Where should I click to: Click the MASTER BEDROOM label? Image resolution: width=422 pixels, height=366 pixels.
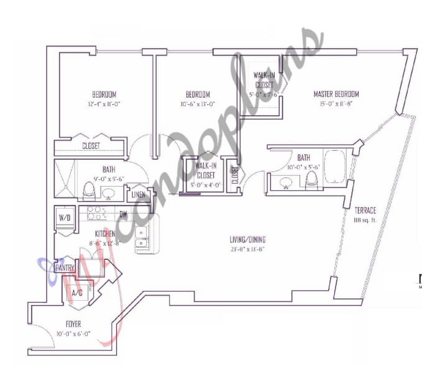[x=336, y=94]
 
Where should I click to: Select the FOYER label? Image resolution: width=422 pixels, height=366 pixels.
[x=73, y=324]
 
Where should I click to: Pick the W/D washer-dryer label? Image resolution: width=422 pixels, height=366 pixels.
[x=64, y=218]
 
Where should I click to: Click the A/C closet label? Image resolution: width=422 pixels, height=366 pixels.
[x=77, y=291]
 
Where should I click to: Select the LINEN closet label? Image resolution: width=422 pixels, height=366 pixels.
[x=139, y=195]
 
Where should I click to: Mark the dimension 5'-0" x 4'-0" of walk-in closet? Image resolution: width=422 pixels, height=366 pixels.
[x=205, y=185]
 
